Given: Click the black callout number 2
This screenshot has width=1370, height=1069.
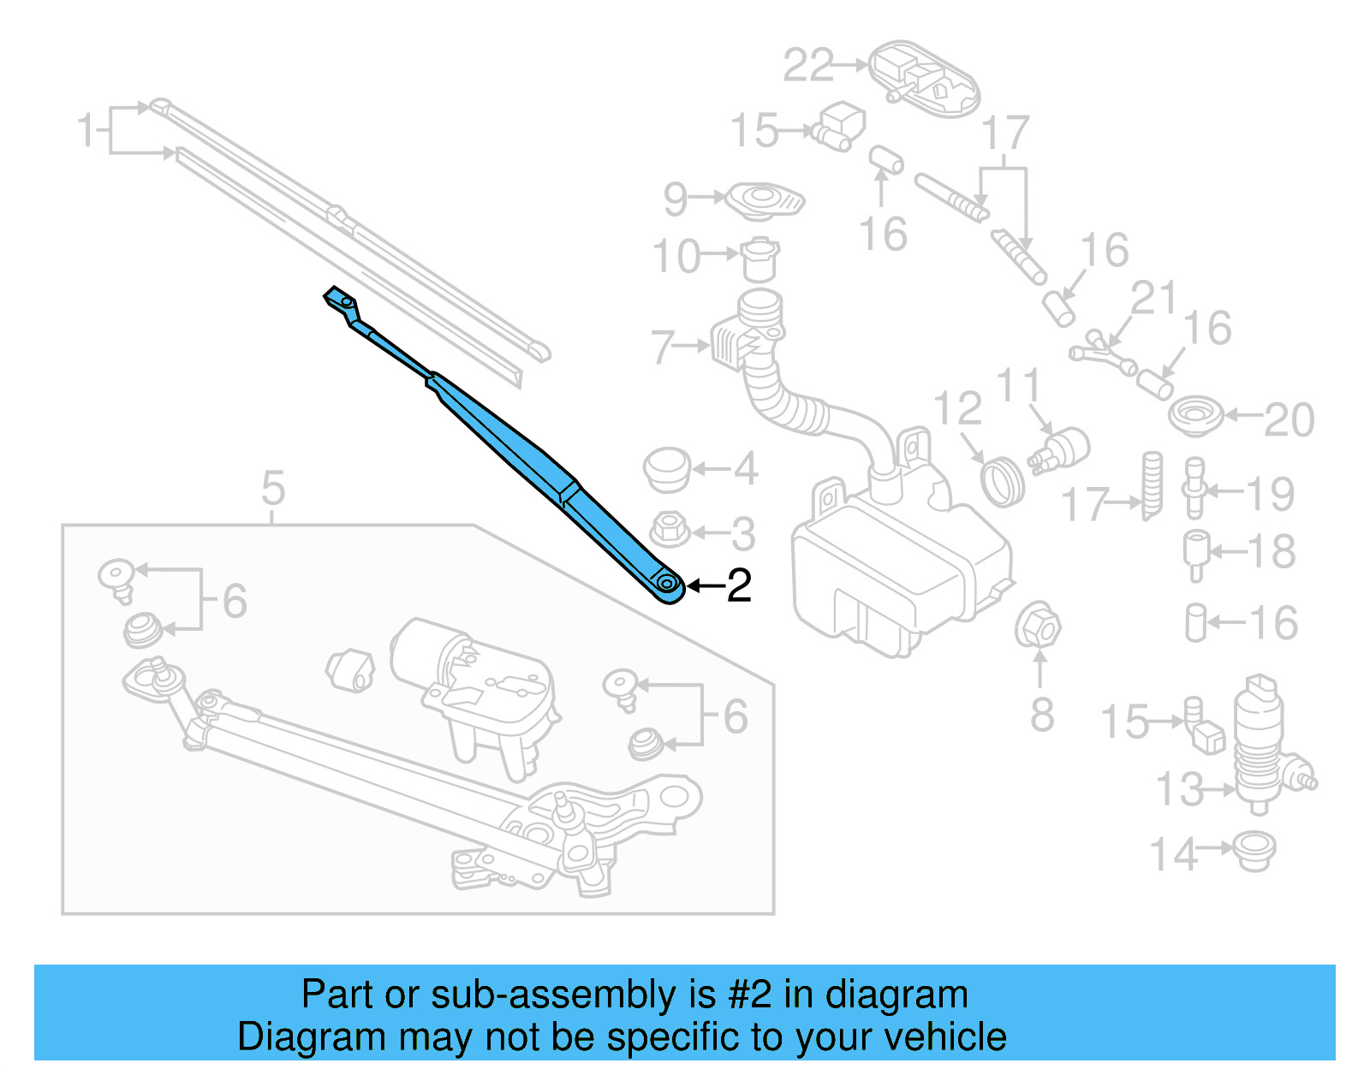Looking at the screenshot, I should tap(739, 585).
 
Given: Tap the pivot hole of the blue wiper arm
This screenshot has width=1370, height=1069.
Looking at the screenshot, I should tap(667, 585).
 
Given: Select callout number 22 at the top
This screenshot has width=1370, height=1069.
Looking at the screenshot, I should tap(808, 65).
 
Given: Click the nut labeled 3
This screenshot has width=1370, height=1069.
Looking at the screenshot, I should tap(670, 529).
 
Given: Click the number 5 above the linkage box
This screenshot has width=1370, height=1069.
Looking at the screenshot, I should tap(273, 489).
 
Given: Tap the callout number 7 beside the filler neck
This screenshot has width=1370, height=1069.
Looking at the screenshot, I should tap(664, 347).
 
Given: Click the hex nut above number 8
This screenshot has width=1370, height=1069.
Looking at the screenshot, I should tap(1038, 627).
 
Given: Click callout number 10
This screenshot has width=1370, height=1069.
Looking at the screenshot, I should tap(676, 256).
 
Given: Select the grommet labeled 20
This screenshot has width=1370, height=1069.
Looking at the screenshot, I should tap(1196, 416).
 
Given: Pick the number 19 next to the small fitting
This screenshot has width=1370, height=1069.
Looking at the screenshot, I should tap(1270, 494).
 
